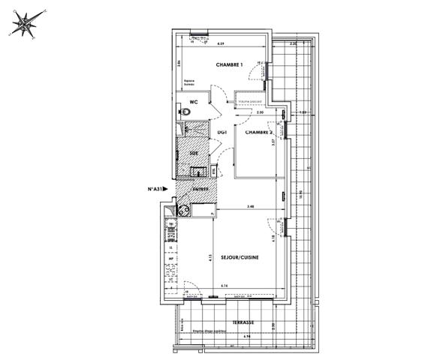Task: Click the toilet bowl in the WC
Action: tap(186, 112)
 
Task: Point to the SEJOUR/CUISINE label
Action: tap(241, 257)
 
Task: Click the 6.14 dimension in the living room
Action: tap(224, 286)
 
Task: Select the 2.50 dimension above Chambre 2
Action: tap(260, 112)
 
